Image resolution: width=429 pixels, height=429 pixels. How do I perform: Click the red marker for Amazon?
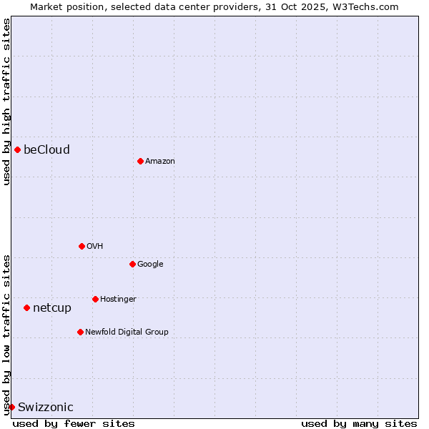[140, 161]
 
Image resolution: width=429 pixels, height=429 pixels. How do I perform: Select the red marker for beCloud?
[17, 149]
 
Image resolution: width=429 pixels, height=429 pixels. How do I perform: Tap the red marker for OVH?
[82, 246]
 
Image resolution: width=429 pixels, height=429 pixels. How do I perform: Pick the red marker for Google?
[132, 264]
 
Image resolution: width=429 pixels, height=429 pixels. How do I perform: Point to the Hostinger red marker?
[95, 299]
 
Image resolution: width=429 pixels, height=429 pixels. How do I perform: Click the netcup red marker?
[26, 307]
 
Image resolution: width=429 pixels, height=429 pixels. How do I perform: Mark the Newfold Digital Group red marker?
[80, 332]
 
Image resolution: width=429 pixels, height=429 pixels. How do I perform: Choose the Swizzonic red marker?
[11, 407]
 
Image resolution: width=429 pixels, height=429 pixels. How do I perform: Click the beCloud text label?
[46, 149]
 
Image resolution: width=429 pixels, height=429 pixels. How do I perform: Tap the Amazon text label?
[159, 161]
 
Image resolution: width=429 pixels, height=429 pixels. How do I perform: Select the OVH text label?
[94, 246]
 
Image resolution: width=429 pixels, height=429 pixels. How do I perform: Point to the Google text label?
[150, 264]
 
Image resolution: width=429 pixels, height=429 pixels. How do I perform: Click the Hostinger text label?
[118, 299]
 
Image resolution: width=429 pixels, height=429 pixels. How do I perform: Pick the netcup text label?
[52, 307]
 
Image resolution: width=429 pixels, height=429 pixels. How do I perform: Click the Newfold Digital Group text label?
[127, 332]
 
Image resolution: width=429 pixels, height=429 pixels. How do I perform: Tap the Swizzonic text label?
[45, 407]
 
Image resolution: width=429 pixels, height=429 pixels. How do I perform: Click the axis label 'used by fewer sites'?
[74, 423]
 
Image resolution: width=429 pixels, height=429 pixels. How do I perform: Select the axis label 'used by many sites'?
[359, 423]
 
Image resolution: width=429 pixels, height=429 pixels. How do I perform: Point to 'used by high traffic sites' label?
[6, 102]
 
